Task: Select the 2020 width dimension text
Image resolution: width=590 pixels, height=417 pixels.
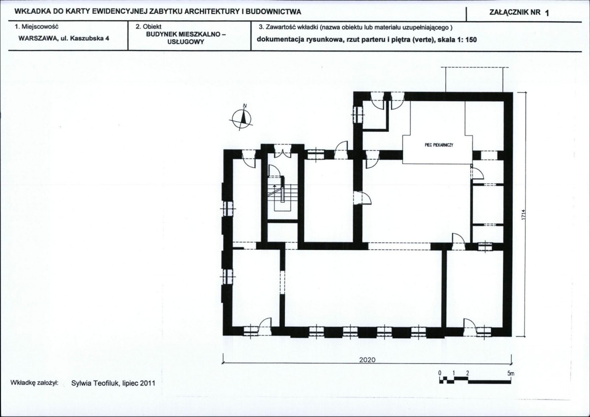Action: (367, 360)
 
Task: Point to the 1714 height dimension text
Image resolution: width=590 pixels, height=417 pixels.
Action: (523, 216)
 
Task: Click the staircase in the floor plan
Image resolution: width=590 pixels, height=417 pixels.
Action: (281, 195)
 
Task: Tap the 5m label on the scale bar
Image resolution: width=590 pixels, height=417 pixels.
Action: (511, 373)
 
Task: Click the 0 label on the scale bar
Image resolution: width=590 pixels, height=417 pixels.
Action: (439, 373)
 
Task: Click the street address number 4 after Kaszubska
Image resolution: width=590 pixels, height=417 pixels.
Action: (107, 38)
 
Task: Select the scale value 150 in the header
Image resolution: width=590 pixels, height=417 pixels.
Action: (471, 39)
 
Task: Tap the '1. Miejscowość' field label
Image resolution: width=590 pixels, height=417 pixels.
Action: (36, 27)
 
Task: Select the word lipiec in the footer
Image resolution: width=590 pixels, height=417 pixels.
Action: (130, 384)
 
